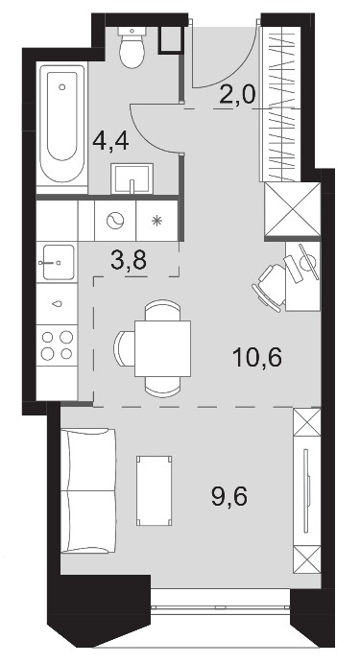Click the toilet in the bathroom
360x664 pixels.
(x=132, y=47)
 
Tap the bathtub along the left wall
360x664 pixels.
(x=62, y=123)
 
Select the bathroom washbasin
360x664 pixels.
(x=132, y=178)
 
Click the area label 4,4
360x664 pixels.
(x=110, y=141)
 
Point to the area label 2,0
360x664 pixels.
(x=238, y=95)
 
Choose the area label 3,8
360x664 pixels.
(x=129, y=260)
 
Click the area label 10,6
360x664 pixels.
(x=257, y=358)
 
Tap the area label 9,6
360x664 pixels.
(x=229, y=496)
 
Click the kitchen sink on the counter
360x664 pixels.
(x=58, y=263)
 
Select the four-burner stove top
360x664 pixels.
(x=58, y=345)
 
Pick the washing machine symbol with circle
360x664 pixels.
(x=115, y=221)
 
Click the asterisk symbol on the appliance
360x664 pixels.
(x=157, y=221)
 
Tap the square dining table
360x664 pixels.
(x=162, y=348)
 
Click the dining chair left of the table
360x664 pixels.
(x=123, y=348)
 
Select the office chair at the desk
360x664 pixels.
(x=270, y=287)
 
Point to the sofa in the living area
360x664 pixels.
(x=88, y=490)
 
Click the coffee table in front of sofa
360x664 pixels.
(x=155, y=490)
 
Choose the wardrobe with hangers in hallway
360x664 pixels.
(x=280, y=104)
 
